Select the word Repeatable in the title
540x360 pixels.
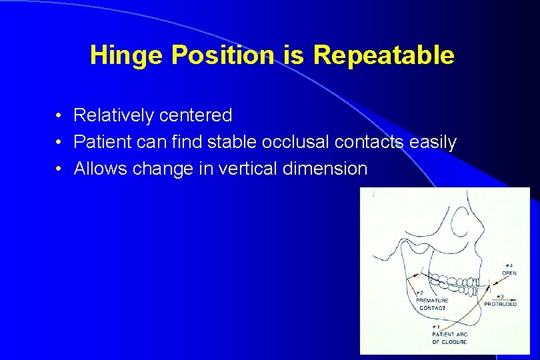[x=383, y=55]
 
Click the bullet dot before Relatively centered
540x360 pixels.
[x=59, y=116]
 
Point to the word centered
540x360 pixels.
[x=195, y=115]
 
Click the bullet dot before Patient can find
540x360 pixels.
[x=59, y=143]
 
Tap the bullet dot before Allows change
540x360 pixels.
[x=59, y=169]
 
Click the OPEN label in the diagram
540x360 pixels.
[x=509, y=273]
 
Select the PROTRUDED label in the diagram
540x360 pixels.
[x=500, y=304]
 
